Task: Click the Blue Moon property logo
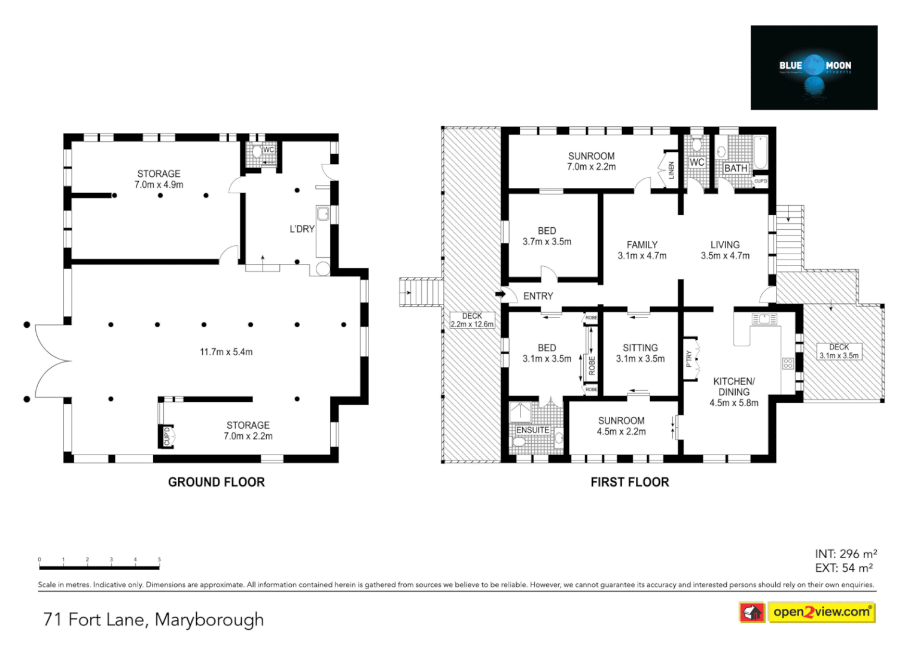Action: pos(814,67)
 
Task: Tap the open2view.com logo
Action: pos(807,612)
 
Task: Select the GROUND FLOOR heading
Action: pos(216,482)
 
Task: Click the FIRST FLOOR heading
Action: pos(629,482)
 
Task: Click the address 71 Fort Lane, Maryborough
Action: pos(153,619)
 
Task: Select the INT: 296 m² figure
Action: pos(845,554)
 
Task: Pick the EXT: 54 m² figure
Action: pos(843,568)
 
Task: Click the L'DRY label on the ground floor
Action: pos(302,229)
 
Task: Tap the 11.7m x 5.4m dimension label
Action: pos(226,352)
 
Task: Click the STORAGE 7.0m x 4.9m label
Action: pos(159,179)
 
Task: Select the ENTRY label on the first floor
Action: pos(538,296)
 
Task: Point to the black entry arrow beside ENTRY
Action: pos(500,294)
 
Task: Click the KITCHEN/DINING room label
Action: pos(734,392)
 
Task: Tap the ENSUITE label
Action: pos(532,430)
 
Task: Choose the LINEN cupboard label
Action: pos(671,170)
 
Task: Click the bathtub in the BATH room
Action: pos(760,153)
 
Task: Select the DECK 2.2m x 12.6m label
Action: pos(472,320)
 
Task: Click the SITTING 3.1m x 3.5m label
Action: pos(640,353)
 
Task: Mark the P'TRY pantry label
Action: pos(689,358)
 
